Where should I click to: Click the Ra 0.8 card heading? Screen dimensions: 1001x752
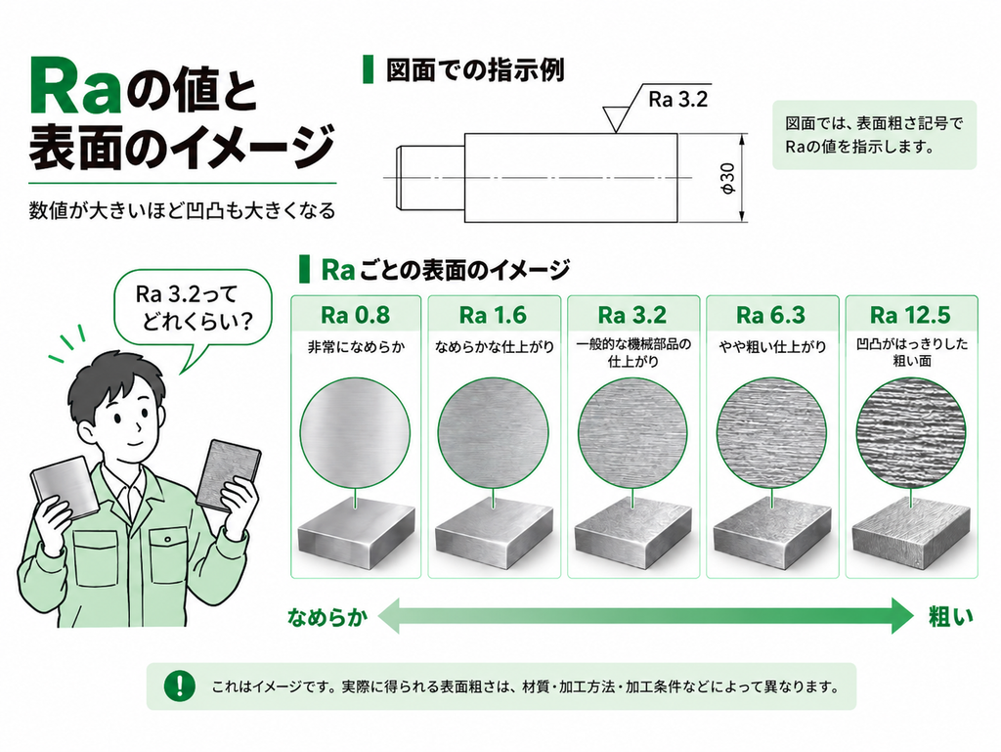coord(355,315)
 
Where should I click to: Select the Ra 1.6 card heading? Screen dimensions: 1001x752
coord(493,315)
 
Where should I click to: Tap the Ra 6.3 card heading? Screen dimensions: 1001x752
coord(770,315)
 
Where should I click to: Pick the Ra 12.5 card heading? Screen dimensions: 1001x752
coord(910,315)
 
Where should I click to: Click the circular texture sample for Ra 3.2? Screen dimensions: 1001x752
coord(632,432)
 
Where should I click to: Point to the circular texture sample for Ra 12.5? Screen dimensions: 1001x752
coord(910,432)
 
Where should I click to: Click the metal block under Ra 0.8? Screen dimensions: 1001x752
coord(356,534)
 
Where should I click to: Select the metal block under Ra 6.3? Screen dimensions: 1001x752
coord(772,534)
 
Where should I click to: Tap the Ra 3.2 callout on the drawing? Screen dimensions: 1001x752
coord(678,100)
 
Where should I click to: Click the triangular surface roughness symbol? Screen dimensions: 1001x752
coord(615,118)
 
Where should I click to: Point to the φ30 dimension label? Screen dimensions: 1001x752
coord(727,178)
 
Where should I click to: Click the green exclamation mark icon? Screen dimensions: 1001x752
coord(180,686)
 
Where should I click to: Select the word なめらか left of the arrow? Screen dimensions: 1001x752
coord(327,617)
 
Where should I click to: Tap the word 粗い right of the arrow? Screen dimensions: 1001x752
coord(950,617)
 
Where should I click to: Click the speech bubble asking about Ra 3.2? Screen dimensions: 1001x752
coord(193,311)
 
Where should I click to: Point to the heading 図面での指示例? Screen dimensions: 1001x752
coord(475,70)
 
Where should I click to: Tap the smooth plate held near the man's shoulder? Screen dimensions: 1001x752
coord(65,486)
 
